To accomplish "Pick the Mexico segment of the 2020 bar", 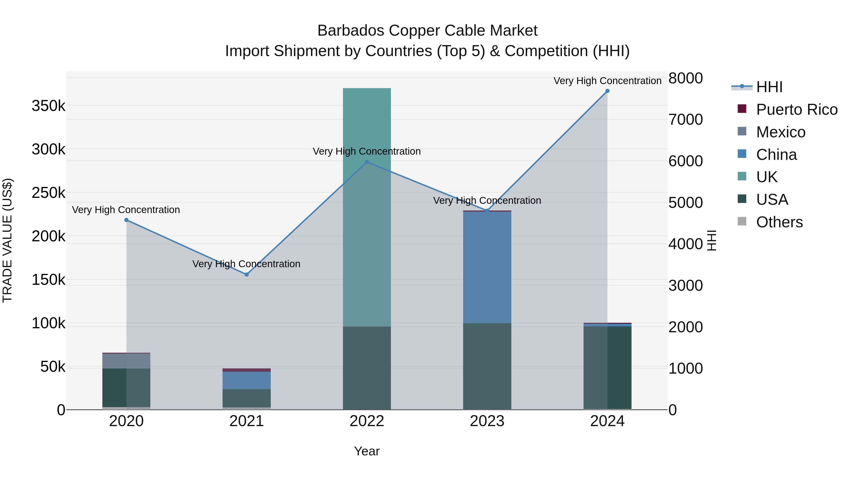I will (126, 361).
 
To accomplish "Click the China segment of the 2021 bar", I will (246, 380).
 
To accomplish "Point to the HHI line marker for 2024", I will (607, 91).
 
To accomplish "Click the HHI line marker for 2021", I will (247, 275).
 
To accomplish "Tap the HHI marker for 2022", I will (367, 162).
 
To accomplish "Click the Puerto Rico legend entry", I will (797, 110).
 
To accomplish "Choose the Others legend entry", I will (779, 222).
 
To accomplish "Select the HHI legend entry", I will (769, 87).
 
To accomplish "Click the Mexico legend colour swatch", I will (742, 131).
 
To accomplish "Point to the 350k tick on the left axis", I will (48, 106).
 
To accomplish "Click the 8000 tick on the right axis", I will (685, 78).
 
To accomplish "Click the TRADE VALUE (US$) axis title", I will (7, 240).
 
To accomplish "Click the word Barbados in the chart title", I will (351, 31).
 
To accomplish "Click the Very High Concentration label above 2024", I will (607, 81).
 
